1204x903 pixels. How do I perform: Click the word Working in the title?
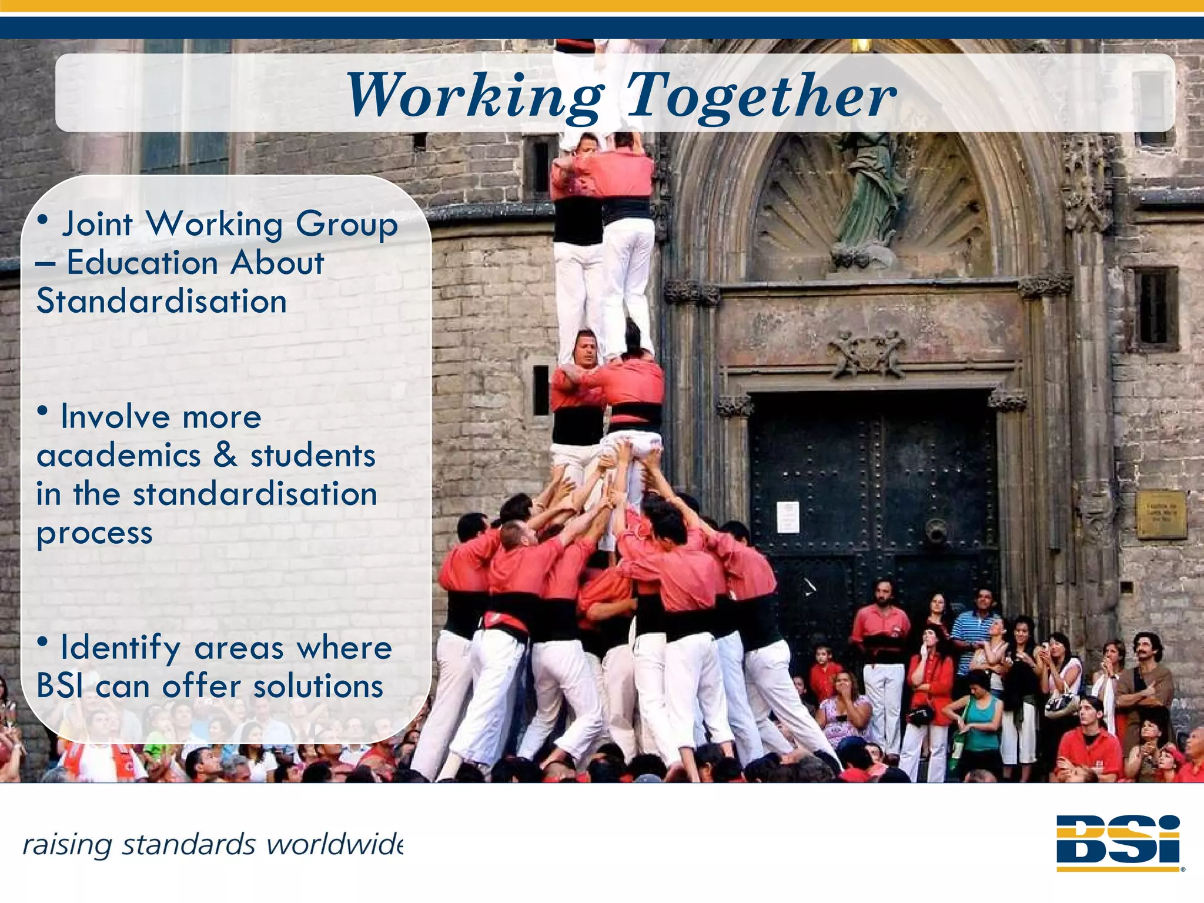click(475, 95)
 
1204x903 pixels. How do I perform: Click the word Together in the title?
click(761, 95)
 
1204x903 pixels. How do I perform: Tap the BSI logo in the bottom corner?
click(1119, 842)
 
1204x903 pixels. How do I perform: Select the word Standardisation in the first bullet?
click(162, 302)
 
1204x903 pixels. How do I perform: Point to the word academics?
click(119, 456)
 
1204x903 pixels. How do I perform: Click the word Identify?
click(121, 648)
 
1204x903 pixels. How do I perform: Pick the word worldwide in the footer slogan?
click(335, 845)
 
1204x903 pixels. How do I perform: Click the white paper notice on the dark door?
click(788, 517)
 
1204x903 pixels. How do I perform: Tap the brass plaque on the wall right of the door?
click(1160, 515)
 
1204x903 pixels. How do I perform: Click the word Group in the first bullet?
click(346, 225)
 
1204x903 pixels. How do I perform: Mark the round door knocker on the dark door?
click(936, 531)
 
